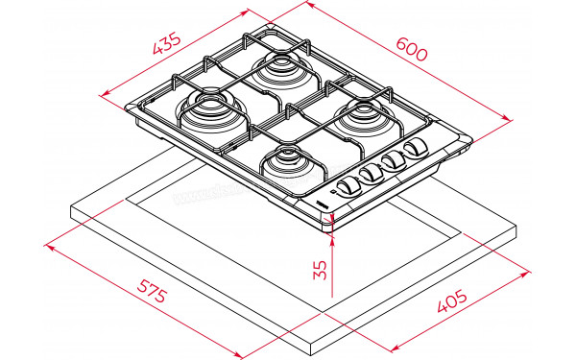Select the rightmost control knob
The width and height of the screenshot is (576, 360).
[416, 149]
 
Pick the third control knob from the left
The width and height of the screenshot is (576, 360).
[394, 160]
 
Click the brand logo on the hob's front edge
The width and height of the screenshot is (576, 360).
[323, 205]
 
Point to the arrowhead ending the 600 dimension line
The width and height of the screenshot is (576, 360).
[508, 120]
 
